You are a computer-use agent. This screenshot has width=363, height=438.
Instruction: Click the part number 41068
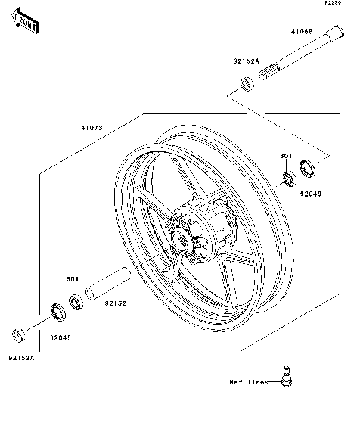pos(302,33)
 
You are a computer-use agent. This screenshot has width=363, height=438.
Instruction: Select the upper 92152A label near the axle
pos(245,61)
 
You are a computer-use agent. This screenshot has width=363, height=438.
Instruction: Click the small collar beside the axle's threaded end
pos(247,82)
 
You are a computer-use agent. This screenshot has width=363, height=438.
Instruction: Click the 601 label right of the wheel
pos(286,156)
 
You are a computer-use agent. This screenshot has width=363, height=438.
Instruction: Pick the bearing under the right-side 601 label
pos(288,179)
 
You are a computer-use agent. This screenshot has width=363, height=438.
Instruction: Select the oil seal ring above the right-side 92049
pos(308,167)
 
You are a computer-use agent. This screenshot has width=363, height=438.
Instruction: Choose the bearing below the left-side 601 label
pos(76,303)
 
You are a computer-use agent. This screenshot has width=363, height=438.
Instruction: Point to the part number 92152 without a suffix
pos(114,303)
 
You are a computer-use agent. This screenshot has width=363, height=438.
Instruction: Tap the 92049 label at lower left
pos(60,337)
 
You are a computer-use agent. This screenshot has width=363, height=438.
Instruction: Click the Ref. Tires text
pos(249,383)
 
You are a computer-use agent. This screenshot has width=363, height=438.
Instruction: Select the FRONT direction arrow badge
pos(25,24)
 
